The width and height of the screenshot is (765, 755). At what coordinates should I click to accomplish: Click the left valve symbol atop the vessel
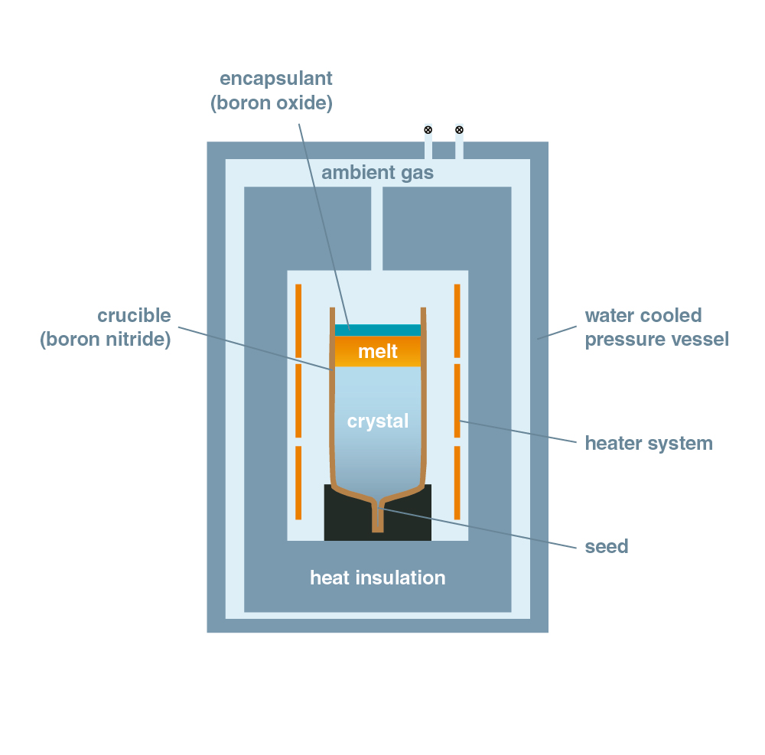(428, 129)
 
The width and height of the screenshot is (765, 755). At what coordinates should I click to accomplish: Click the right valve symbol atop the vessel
(459, 129)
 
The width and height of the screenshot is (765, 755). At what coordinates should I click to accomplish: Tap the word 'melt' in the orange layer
(378, 351)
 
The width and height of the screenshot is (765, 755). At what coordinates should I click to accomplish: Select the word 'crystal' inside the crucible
(378, 421)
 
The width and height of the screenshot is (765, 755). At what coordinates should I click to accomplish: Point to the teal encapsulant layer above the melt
(378, 330)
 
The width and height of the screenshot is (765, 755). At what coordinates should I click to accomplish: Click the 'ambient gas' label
(377, 172)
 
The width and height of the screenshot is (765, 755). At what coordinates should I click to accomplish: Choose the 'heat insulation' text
(377, 578)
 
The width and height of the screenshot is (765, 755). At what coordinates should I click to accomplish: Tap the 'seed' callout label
(606, 546)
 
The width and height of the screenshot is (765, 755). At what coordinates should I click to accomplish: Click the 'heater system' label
(649, 443)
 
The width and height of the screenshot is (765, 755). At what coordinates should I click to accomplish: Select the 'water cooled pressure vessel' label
(656, 327)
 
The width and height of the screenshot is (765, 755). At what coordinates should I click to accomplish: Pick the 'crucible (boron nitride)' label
(106, 327)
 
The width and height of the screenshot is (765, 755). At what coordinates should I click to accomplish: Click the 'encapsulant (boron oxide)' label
(272, 91)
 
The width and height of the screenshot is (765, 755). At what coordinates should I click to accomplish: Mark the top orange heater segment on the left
(298, 320)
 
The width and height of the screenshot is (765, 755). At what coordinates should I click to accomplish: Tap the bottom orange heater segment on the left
(298, 482)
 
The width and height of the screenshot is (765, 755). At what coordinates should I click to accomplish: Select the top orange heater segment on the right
(457, 320)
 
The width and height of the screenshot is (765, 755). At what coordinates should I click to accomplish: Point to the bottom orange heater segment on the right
(457, 482)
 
